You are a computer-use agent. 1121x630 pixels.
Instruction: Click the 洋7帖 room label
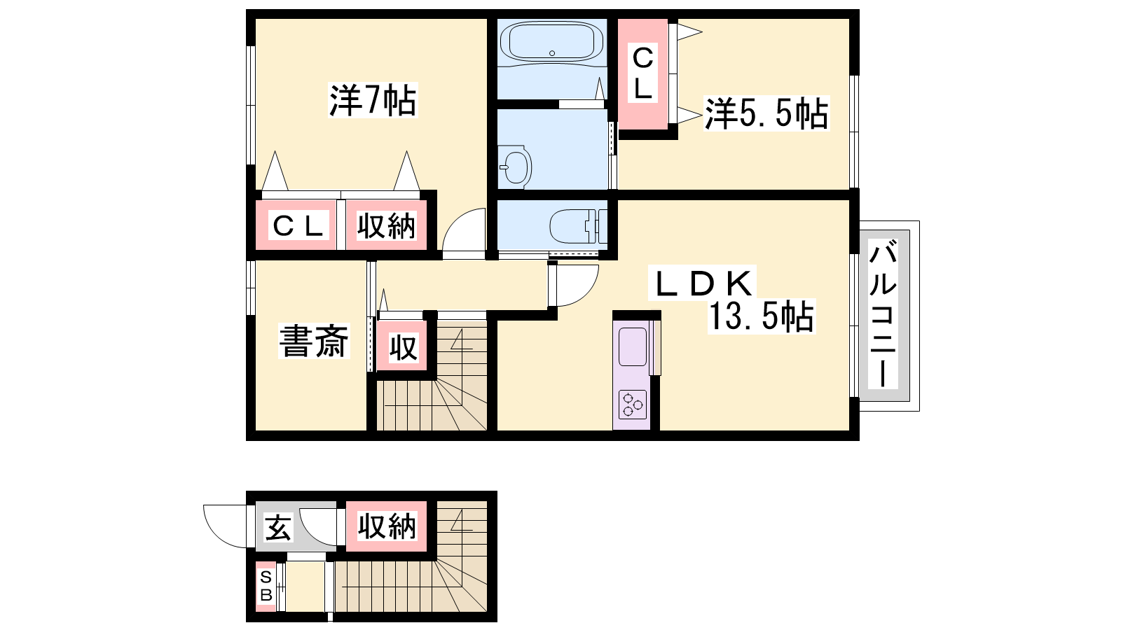tap(372, 101)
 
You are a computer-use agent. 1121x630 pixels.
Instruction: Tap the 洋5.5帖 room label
tap(766, 114)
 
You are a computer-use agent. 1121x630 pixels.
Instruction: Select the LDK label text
tap(701, 283)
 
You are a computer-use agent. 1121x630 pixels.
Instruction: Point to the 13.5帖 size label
tap(761, 316)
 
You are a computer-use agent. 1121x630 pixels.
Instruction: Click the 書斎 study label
tap(314, 342)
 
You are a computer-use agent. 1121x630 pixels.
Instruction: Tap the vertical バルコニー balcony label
tap(883, 314)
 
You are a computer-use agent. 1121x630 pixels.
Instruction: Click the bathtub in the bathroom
tap(551, 41)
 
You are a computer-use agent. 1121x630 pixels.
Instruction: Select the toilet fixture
tap(578, 226)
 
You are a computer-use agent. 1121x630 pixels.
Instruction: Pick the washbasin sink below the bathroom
tap(514, 167)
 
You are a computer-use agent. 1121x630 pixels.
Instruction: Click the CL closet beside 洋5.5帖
tap(642, 73)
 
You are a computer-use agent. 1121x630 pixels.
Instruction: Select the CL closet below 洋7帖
tap(296, 225)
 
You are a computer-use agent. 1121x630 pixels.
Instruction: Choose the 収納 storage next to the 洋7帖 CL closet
tap(386, 225)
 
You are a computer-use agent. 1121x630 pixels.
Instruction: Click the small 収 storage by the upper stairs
tap(402, 346)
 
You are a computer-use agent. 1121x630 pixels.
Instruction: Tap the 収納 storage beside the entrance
tap(386, 526)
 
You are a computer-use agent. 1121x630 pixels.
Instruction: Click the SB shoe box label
tap(266, 586)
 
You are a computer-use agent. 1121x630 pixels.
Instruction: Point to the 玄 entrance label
tap(277, 527)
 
